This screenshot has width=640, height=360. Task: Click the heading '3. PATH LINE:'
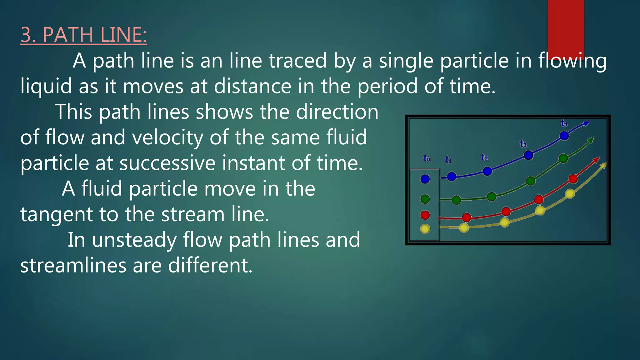coord(83,35)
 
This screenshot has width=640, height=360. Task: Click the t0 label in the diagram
coord(427,159)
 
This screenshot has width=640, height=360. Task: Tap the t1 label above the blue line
coord(448,160)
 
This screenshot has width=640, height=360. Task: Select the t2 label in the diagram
coord(484,157)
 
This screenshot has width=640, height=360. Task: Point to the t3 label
coord(523,144)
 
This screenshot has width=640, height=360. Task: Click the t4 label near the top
coord(564,123)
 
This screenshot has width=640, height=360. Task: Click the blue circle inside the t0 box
coord(425,179)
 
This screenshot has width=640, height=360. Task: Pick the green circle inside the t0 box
coord(425,199)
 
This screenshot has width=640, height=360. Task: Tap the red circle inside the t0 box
coord(425,215)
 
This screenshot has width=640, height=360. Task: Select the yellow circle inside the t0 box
coord(425,229)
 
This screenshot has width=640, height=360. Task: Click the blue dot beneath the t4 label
coord(564,136)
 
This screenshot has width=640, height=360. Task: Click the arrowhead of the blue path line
coord(587,123)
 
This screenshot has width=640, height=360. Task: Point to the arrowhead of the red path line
coord(597,159)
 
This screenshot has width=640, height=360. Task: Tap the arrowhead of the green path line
coord(591,139)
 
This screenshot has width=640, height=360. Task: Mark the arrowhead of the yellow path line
coord(604,165)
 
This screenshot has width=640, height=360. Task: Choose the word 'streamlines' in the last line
coord(73,266)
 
